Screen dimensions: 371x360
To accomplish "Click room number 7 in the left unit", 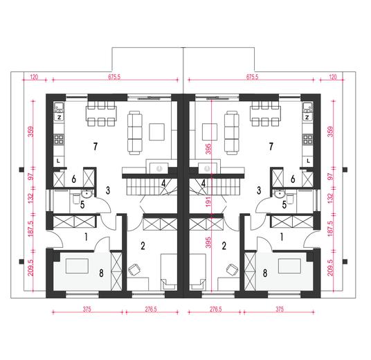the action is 95,147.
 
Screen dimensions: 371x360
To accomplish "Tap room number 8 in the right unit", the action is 265,273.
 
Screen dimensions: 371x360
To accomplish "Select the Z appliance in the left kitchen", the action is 59,117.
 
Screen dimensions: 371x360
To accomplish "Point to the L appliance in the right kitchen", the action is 308,161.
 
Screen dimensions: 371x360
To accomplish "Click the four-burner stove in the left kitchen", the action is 59,139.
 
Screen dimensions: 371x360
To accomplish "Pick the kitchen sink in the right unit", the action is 308,108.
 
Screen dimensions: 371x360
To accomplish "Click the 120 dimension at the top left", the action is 34,77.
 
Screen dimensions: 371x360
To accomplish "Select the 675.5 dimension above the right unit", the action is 252,77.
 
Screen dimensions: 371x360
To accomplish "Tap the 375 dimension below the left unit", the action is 87,309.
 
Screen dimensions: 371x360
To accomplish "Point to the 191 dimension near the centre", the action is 208,201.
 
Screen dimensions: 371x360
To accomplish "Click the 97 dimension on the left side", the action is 31,177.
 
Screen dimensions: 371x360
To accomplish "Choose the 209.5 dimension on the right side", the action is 330,267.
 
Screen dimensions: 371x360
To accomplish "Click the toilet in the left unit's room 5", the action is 76,199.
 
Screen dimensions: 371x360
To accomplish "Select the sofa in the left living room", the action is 135,133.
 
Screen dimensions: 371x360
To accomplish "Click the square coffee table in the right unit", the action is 210,132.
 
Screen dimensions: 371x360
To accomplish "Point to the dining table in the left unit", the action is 101,114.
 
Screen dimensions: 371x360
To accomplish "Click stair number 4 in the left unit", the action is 163,183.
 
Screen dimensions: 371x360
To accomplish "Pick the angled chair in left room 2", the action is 134,269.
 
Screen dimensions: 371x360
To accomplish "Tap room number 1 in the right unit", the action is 282,237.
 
